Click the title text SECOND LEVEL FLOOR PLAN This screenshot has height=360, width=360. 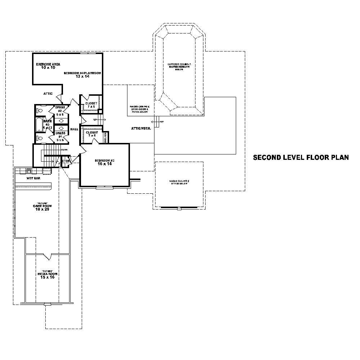pos(301,158)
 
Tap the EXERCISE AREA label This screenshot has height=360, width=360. pos(48,64)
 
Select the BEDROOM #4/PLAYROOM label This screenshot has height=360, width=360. pos(82,73)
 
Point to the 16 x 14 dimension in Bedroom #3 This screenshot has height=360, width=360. pos(104,163)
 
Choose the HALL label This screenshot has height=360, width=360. pos(74,129)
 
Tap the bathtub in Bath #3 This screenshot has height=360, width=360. pos(39,125)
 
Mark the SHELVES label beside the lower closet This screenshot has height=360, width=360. pos(105,138)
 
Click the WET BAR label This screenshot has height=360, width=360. pos(33,178)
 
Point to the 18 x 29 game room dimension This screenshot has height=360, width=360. pos(42,209)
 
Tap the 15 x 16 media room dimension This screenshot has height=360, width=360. pos(48,277)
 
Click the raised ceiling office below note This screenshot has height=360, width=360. pos(179,182)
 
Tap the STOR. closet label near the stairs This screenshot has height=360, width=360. pos(66,161)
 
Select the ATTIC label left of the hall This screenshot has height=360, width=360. pos(48,94)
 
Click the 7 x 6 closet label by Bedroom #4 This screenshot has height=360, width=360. pos(91,107)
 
